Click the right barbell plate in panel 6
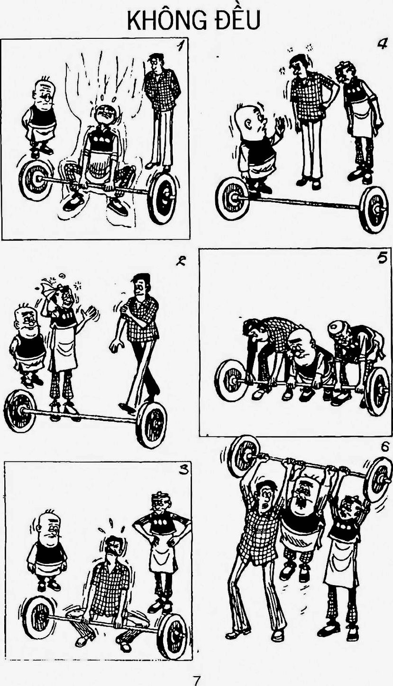pyautogui.click(x=379, y=479)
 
